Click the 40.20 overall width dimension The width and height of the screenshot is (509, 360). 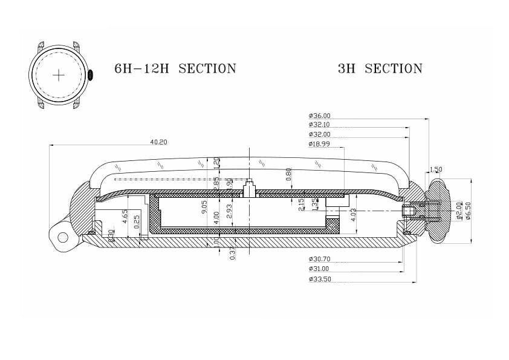point(158,142)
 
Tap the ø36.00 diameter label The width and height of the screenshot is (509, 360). point(319,116)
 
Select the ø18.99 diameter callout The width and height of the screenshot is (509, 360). point(319,144)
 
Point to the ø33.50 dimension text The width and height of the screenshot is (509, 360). point(319,280)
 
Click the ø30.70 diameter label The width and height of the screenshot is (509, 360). point(319,259)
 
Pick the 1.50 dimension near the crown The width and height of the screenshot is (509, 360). point(435,169)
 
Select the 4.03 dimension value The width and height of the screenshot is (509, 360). point(353,215)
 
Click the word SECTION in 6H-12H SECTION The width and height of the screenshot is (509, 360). point(207,68)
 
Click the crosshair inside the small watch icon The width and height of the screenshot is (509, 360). point(59,75)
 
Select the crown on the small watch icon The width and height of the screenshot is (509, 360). point(89,75)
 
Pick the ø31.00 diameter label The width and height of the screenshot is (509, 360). point(319,269)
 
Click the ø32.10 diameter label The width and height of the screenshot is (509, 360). point(319,125)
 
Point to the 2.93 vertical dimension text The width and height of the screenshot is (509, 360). point(229,211)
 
